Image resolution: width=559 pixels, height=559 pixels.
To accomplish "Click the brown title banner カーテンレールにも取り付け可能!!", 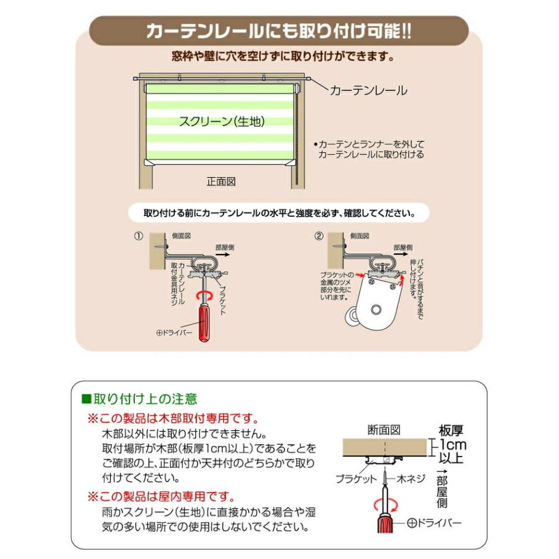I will (x=279, y=31).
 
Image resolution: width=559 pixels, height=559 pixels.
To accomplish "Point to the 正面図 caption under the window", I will (x=221, y=182).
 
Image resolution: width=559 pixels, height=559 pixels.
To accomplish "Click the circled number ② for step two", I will (x=319, y=236).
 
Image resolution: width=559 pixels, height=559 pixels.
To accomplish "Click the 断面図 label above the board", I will (x=385, y=429).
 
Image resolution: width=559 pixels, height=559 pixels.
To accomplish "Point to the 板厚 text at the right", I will (x=452, y=430).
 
